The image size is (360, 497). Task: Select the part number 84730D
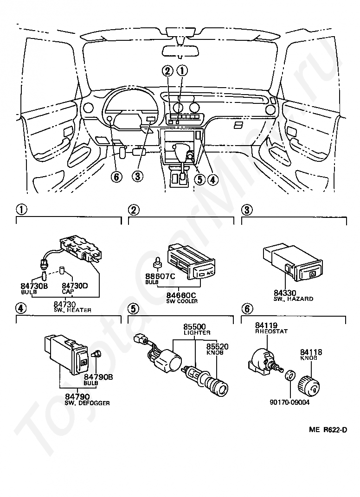[x=75, y=286]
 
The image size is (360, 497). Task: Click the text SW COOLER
[x=182, y=301]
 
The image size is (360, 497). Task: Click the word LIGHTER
[x=196, y=332]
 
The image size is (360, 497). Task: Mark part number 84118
[x=311, y=352]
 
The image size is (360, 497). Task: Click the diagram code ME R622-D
[x=328, y=430]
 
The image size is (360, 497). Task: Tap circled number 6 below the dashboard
[x=117, y=177]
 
